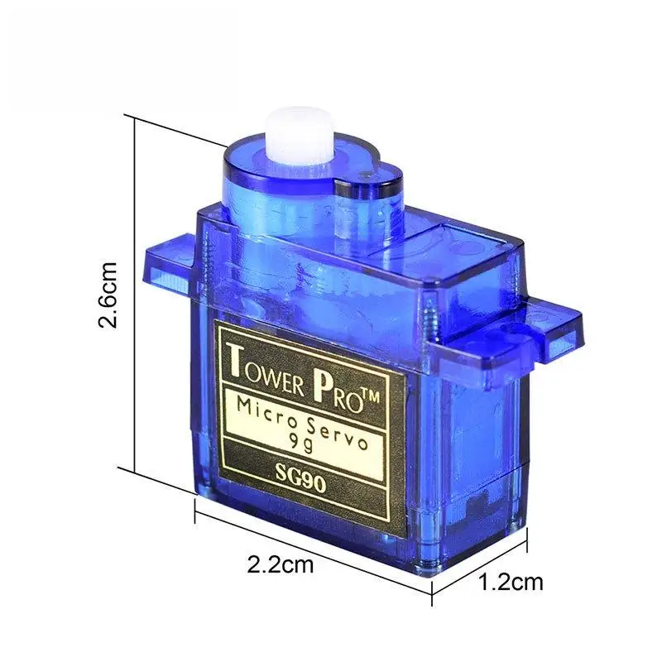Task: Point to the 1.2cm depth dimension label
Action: click(x=511, y=582)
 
